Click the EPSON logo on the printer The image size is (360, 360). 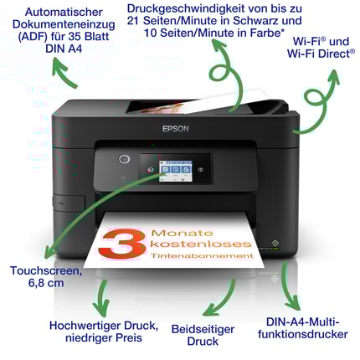[176, 129]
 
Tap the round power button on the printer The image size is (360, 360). [124, 159]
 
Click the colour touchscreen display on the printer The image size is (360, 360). [176, 171]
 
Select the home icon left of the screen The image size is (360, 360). [151, 169]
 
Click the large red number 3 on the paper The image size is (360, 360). [124, 244]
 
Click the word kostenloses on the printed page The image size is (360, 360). [201, 244]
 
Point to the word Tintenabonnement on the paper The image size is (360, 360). [203, 255]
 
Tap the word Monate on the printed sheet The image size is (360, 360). [182, 233]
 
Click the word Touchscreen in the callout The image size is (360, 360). [46, 270]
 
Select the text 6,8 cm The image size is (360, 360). [46, 283]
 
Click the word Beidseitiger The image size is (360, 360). [203, 329]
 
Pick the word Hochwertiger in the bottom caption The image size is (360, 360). [85, 326]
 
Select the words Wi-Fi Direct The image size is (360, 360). [321, 54]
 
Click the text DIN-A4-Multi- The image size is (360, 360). [303, 321]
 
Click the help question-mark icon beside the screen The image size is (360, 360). [200, 169]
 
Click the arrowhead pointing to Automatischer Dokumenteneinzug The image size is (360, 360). [59, 65]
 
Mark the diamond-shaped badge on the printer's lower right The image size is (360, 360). [273, 242]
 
